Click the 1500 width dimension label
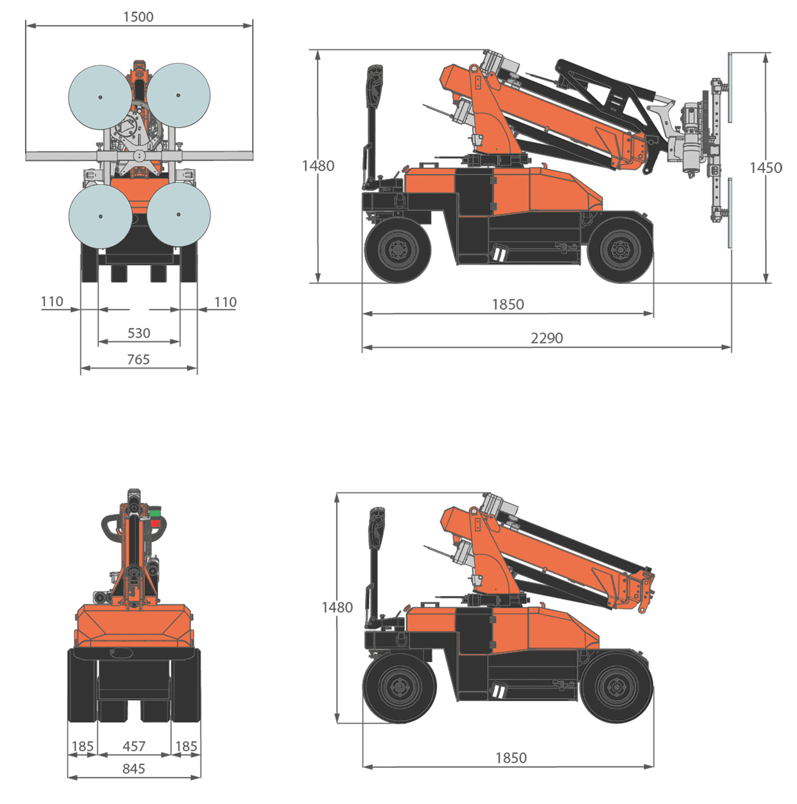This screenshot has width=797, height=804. coord(138,17)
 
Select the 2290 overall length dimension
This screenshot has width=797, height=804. coord(547,338)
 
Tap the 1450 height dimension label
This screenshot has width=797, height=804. coord(766,168)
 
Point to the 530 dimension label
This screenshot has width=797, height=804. coord(139,333)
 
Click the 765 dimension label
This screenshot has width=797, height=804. coord(138,360)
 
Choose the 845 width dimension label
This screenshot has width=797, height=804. coord(134,769)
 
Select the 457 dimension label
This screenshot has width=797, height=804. coord(134,746)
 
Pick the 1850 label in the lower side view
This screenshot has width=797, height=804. coord(511,758)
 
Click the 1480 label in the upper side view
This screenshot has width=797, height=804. coord(318,166)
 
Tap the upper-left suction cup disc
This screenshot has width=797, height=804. coord(100,97)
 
